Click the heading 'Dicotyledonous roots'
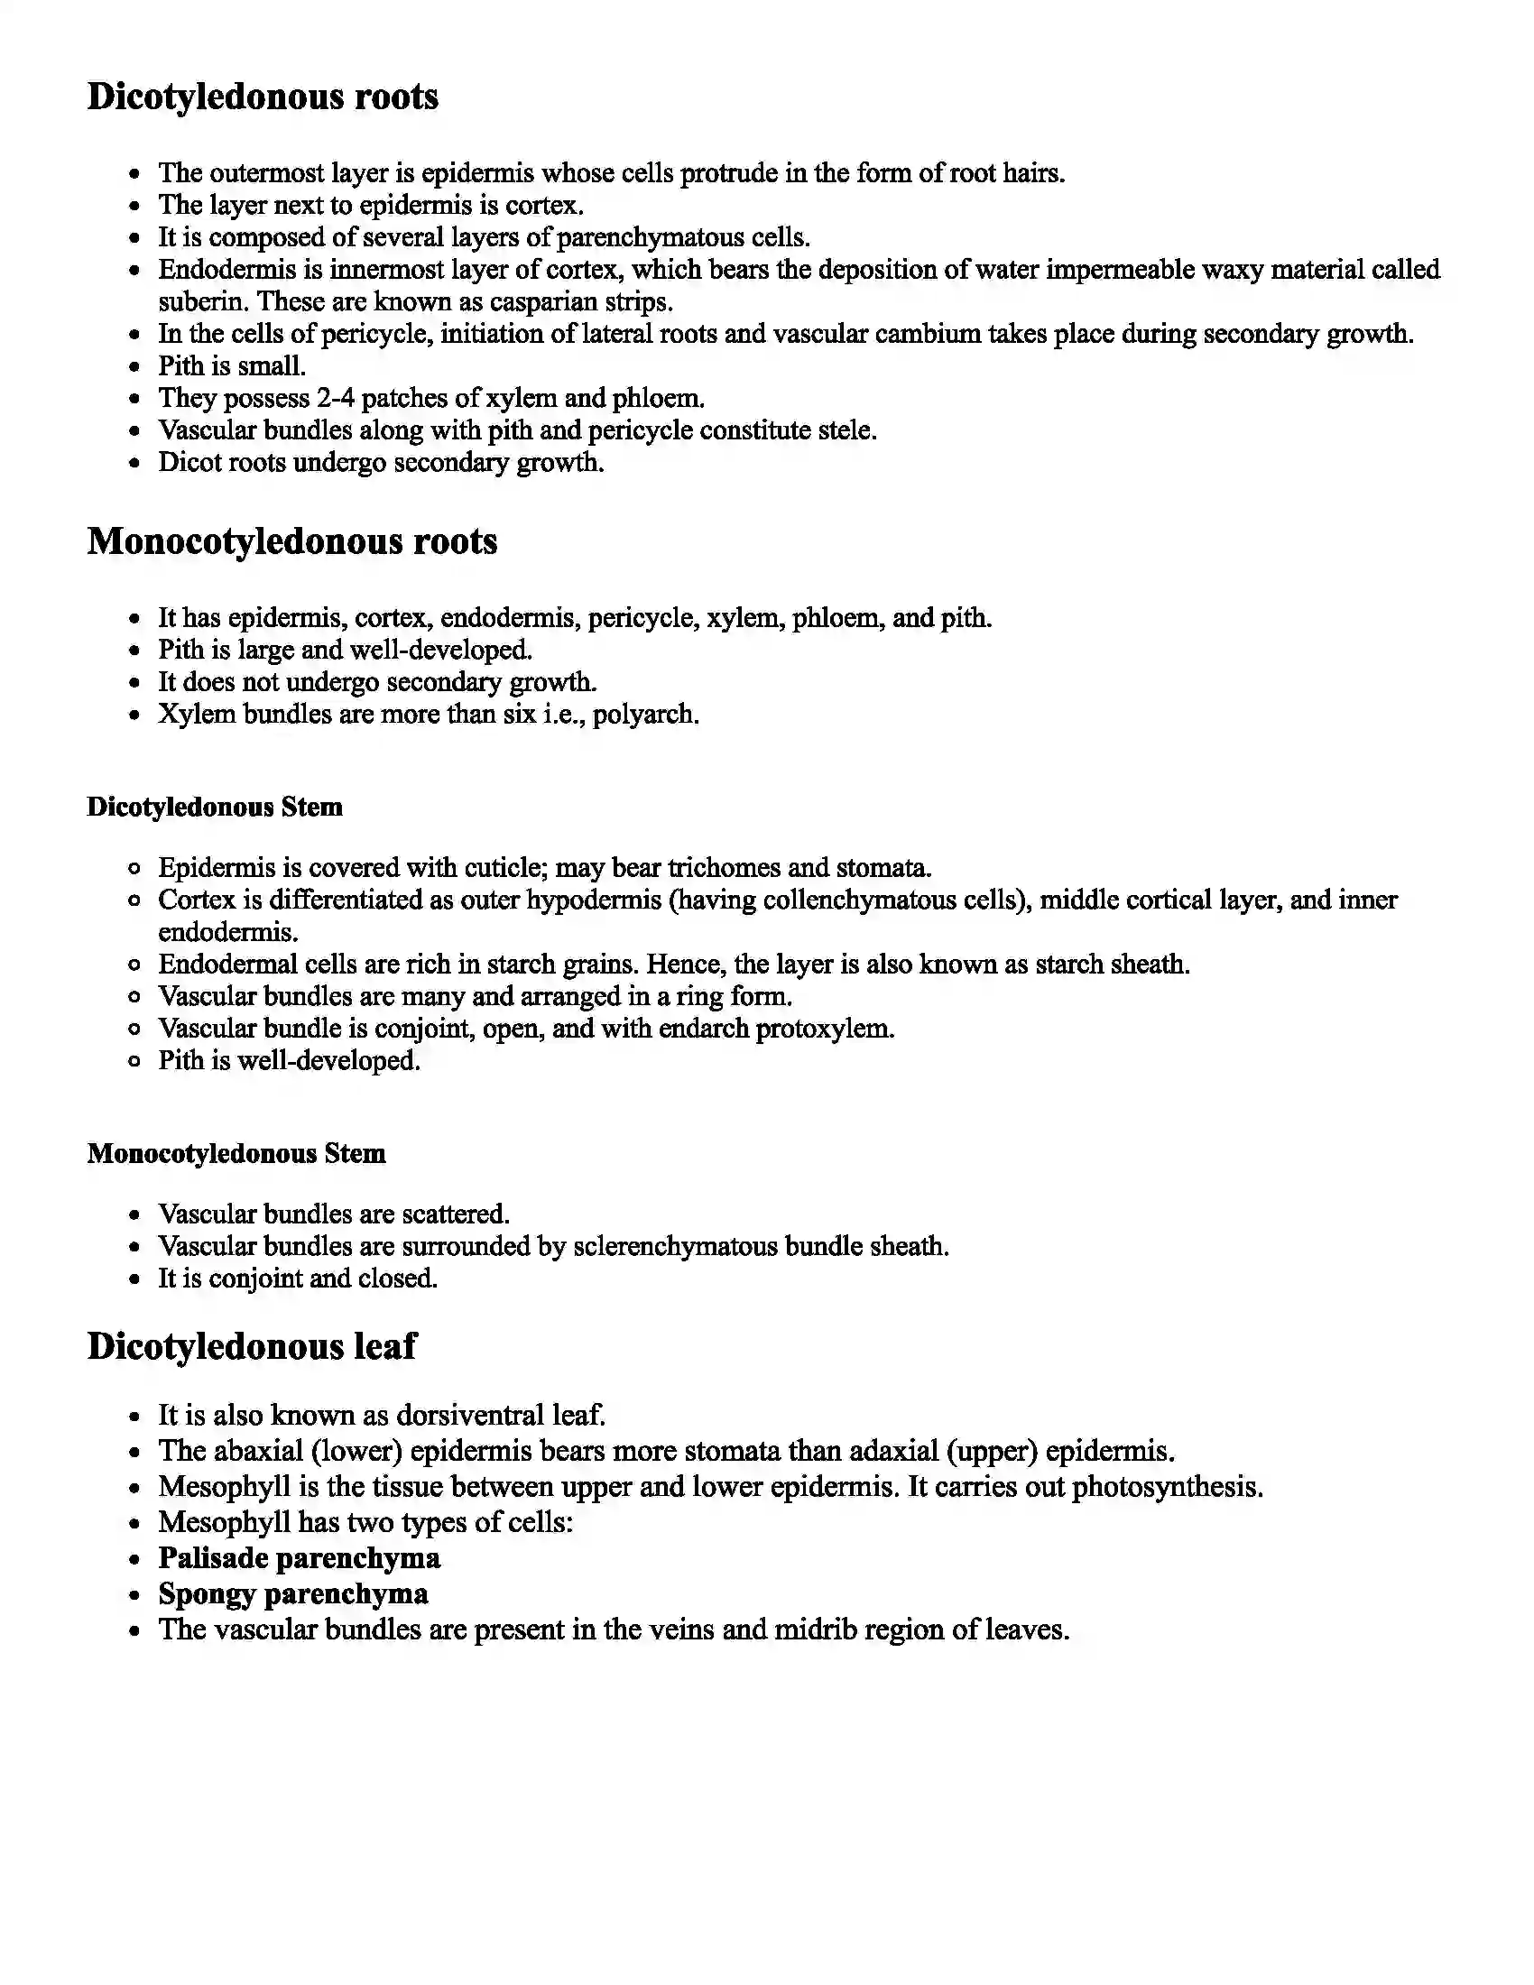pos(263,97)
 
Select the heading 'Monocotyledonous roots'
pos(291,540)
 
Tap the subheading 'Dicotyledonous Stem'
pos(215,808)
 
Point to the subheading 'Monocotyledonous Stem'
pos(236,1153)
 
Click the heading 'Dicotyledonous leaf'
pos(252,1346)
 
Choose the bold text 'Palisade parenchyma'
pos(299,1558)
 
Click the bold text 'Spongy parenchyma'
pos(293,1593)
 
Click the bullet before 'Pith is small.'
pos(134,367)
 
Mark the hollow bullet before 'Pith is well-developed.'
pos(134,1062)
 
